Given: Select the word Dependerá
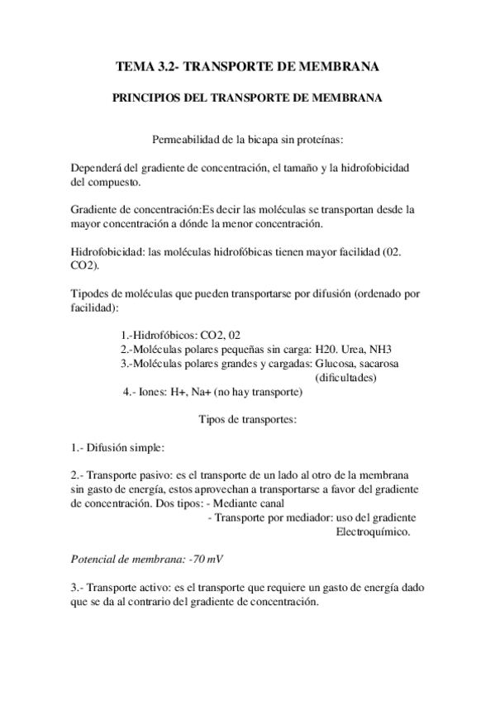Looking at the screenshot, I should point(98,168).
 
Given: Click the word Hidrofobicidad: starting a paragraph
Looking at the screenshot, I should point(107,252).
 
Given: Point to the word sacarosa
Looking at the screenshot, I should point(385,365).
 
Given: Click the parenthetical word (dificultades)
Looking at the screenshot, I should point(347,379).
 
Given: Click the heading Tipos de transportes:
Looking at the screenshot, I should point(247,420).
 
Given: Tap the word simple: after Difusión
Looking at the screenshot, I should point(147,448).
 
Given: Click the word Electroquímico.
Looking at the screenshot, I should point(372,532).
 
